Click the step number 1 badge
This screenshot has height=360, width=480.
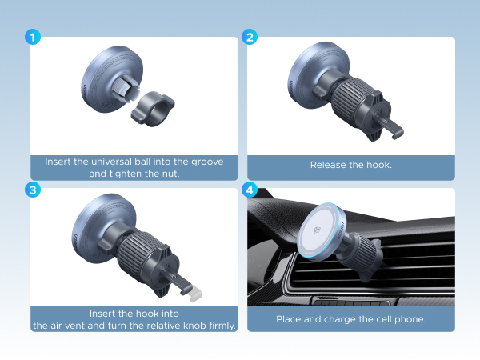33,37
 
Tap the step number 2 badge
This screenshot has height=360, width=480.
250,37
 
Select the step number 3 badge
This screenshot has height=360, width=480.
33,190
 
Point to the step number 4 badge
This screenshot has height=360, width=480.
250,190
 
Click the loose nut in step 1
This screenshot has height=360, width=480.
153,109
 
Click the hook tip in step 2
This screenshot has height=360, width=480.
397,133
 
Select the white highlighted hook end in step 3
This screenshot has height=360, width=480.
194,294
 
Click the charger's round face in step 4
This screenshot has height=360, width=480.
318,230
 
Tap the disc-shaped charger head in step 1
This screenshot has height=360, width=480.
113,79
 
